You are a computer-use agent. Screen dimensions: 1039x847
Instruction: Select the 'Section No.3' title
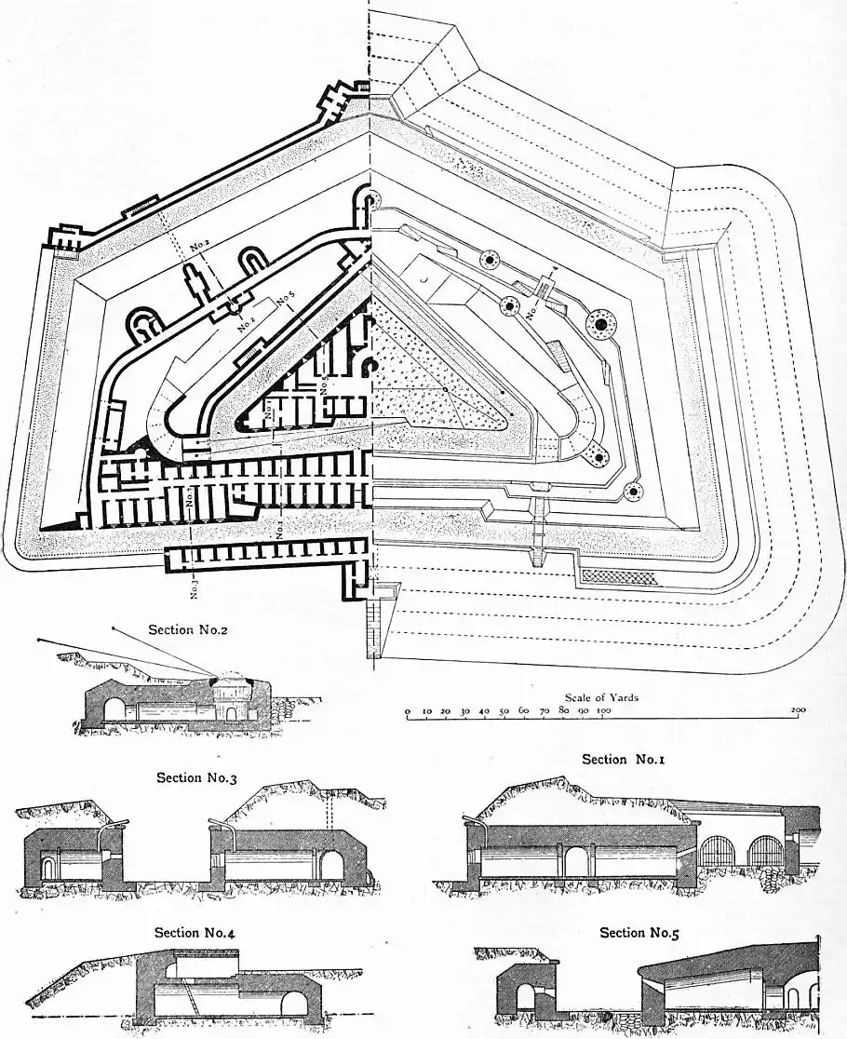point(196,777)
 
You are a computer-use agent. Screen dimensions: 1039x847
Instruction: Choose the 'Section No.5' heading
point(639,932)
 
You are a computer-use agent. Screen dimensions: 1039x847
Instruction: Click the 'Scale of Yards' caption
point(601,697)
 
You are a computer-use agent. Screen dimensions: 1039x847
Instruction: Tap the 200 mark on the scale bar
point(797,710)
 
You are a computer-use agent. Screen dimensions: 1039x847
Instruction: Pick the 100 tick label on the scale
point(602,710)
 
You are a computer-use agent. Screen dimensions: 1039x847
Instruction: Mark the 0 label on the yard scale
point(408,710)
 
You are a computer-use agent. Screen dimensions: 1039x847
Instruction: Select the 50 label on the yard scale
point(504,710)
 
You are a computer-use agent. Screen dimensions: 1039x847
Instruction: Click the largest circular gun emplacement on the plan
point(600,323)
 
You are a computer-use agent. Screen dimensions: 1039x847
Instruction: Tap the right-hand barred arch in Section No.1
point(766,852)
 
